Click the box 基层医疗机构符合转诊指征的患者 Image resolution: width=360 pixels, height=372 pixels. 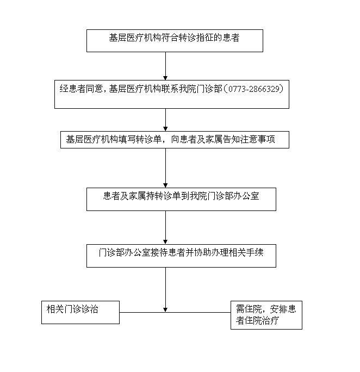175,41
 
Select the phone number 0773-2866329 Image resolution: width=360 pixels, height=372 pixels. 254,89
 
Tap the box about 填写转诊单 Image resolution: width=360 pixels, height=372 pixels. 175,140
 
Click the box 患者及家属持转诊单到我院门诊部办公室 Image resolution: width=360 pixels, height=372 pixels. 181,199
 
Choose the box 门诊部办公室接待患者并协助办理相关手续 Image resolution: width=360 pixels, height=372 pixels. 181,256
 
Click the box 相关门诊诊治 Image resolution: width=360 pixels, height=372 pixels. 80,313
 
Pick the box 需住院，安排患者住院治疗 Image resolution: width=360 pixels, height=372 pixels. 266,315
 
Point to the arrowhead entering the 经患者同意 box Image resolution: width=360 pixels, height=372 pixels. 165,78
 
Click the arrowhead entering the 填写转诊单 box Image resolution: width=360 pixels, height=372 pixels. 165,129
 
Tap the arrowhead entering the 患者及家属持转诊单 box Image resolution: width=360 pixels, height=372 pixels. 165,186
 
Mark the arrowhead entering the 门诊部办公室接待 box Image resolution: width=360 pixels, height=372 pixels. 165,242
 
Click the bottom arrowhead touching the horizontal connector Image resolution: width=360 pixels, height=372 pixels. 165,310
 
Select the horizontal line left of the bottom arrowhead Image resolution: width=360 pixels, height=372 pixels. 142,312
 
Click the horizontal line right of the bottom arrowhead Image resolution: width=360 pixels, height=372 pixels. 198,312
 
